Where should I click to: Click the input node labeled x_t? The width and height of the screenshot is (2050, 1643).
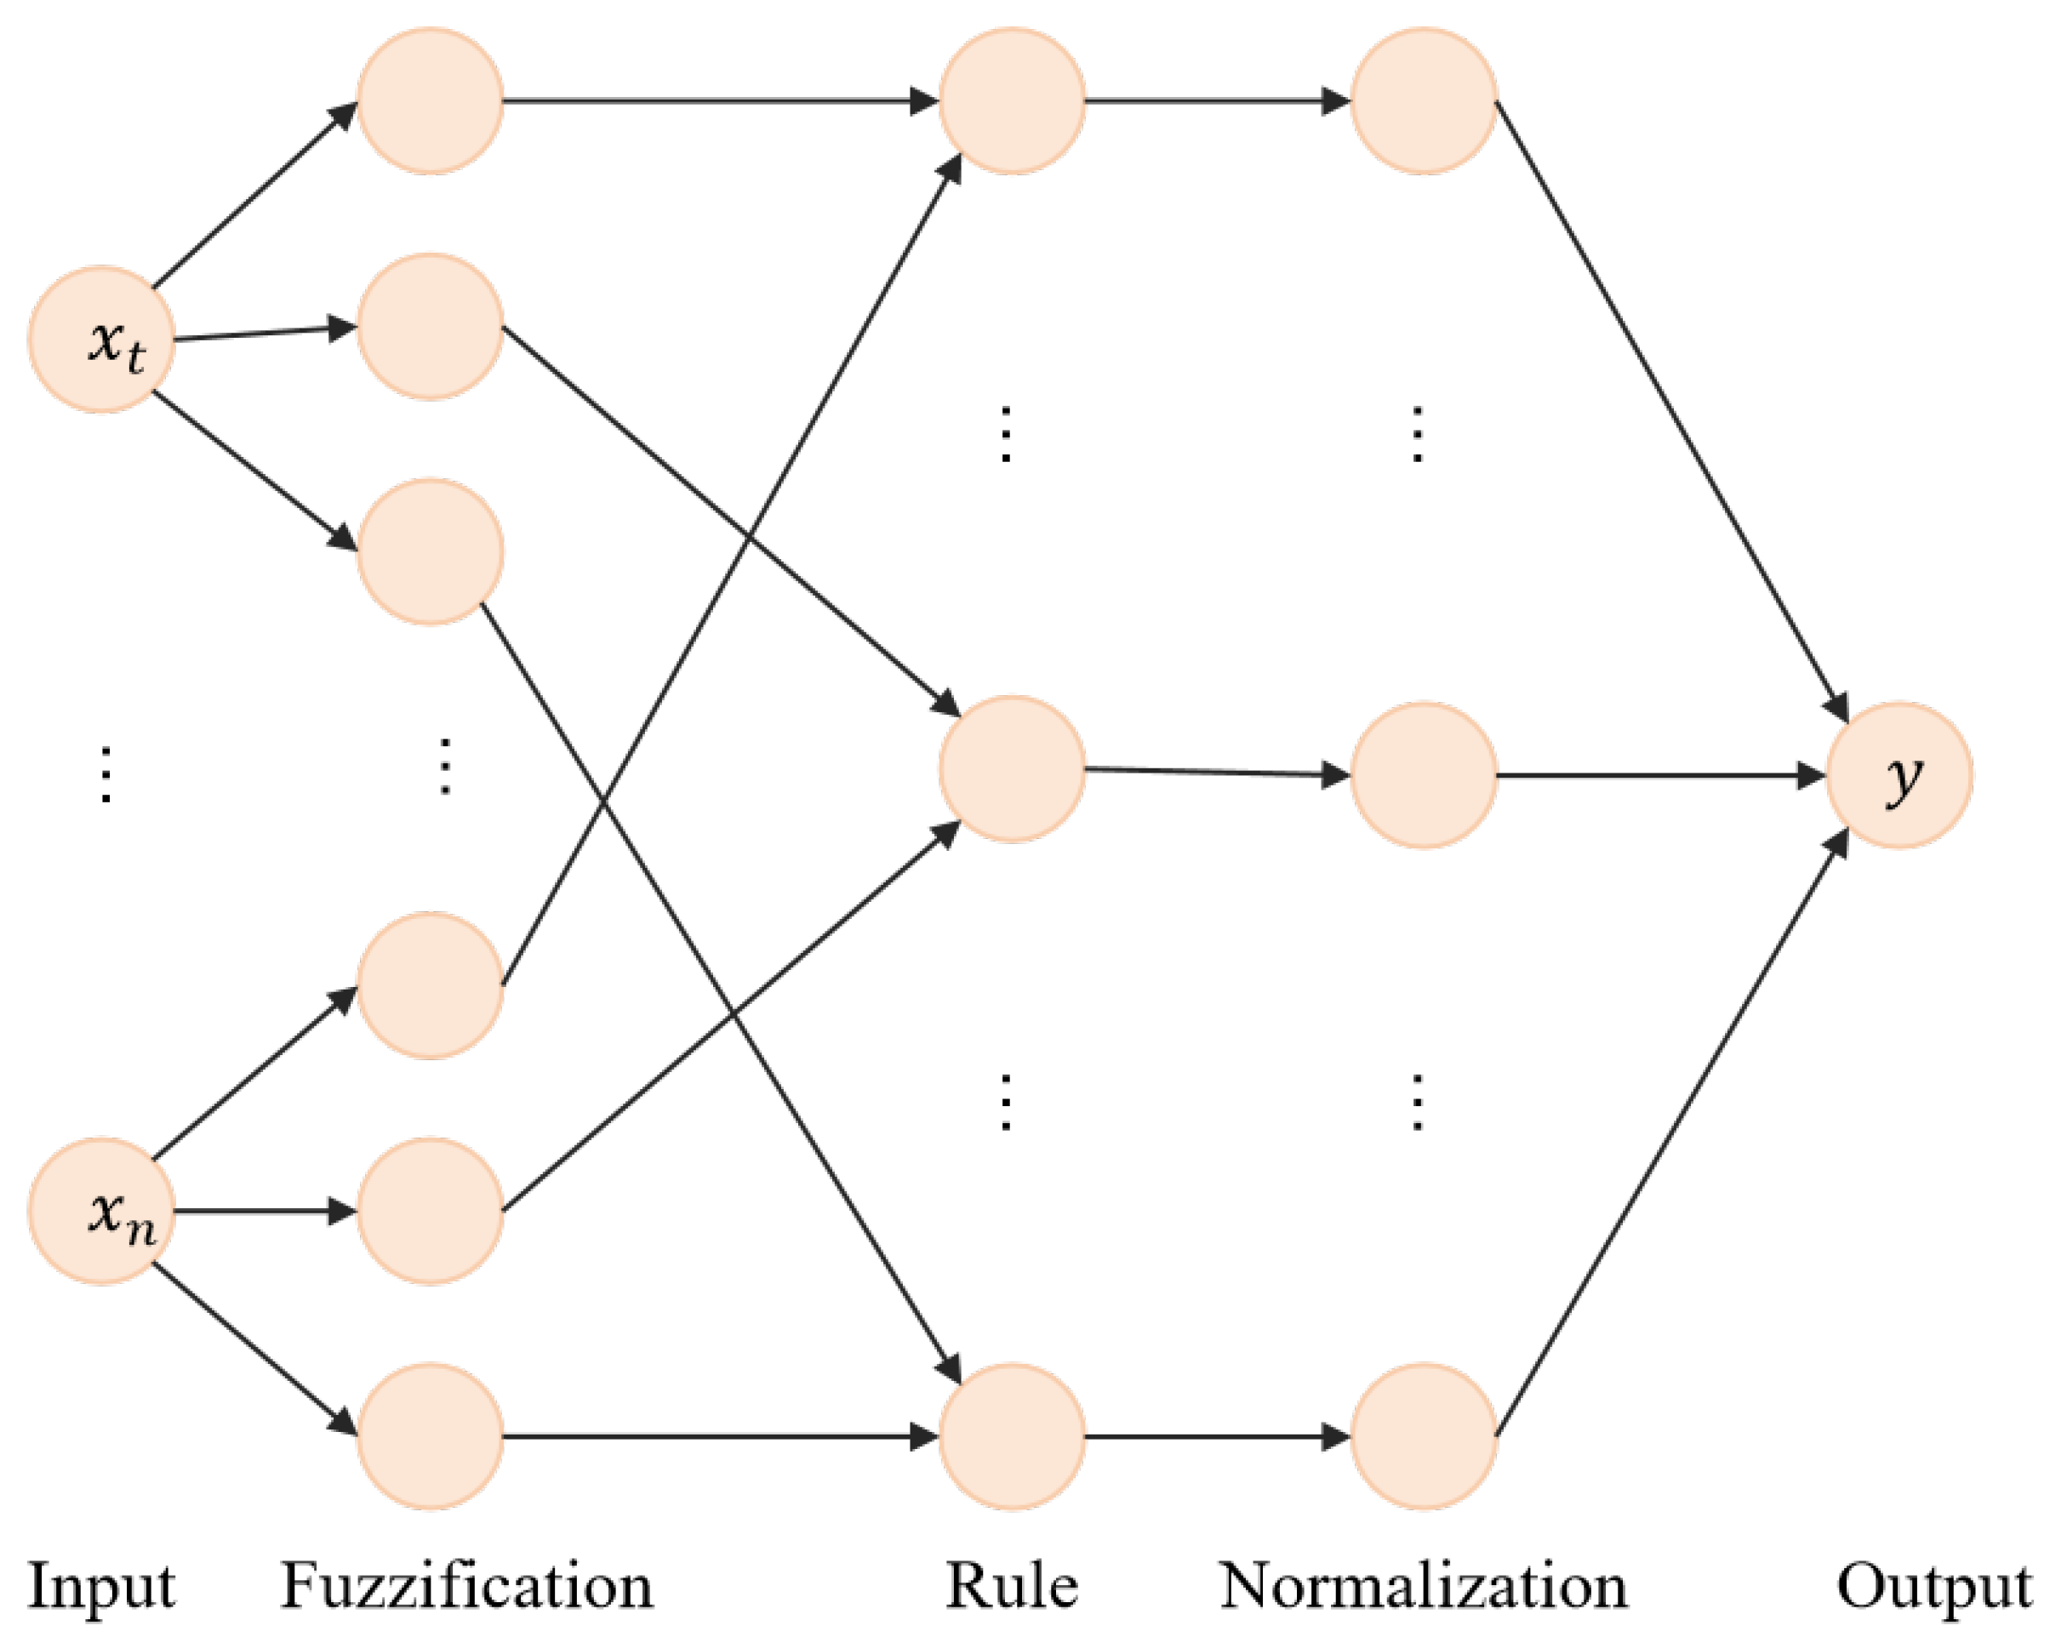click(100, 339)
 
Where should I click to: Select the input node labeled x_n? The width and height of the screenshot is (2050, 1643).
click(100, 1212)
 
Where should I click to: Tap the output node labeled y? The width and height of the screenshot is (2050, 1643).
click(1899, 775)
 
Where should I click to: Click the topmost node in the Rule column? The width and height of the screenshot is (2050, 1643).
click(1012, 100)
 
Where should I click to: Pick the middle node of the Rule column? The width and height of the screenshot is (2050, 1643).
click(1012, 769)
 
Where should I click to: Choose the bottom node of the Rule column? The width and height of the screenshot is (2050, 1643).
click(1012, 1437)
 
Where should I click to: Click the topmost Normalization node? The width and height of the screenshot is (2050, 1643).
click(1424, 100)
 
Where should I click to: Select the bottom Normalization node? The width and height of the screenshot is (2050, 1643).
click(1424, 1437)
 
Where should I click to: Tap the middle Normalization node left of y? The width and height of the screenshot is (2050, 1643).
click(1424, 775)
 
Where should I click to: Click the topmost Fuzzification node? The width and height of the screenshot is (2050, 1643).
click(430, 100)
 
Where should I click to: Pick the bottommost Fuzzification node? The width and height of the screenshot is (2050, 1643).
click(430, 1437)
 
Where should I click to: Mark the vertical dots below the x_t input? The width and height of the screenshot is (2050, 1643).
click(106, 775)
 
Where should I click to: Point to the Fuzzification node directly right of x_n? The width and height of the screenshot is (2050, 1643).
click(430, 1212)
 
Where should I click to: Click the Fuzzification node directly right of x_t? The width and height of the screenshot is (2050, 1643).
click(430, 326)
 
